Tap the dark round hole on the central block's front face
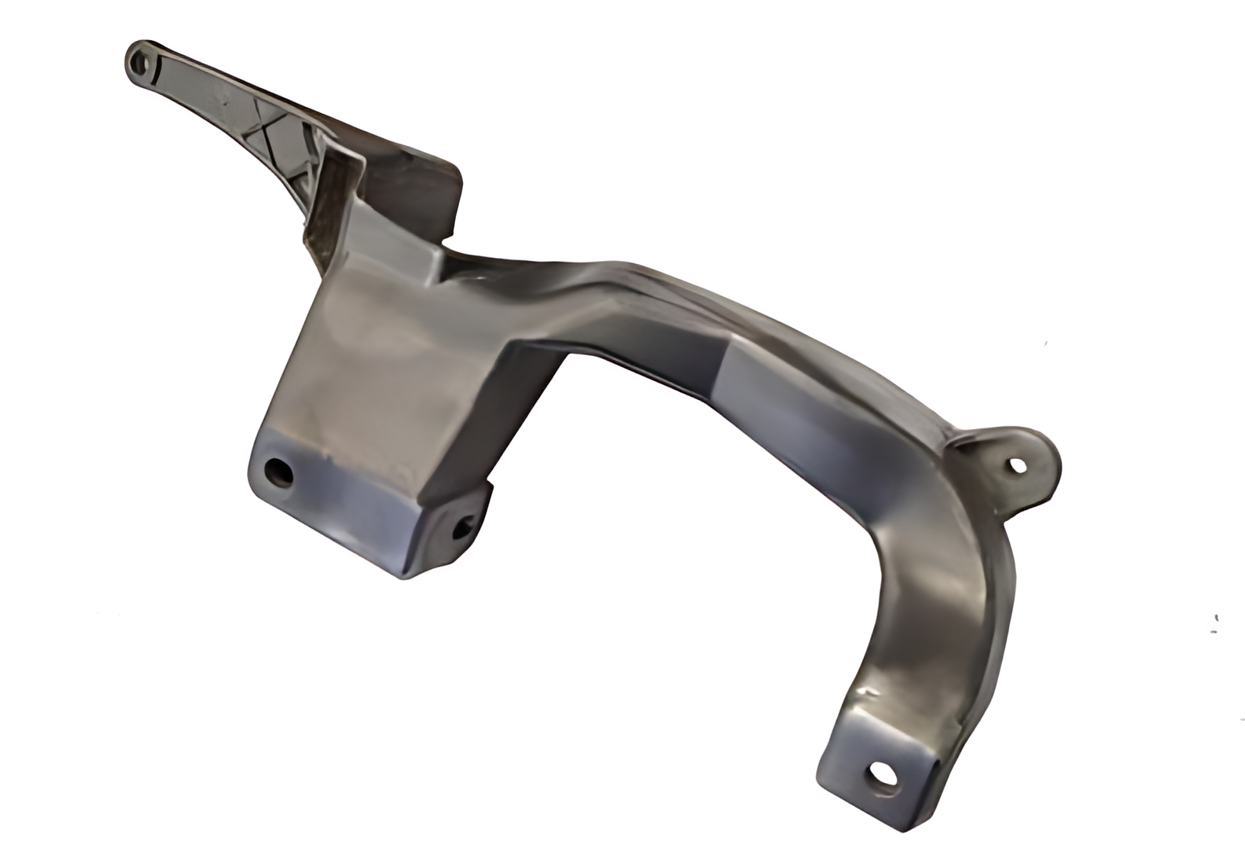coord(278,472)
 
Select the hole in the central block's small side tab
coord(464,526)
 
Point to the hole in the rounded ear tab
coord(1017,465)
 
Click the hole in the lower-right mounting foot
coord(879,776)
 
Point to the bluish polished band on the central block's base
coord(346,503)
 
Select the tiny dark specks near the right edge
coord(1215,622)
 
